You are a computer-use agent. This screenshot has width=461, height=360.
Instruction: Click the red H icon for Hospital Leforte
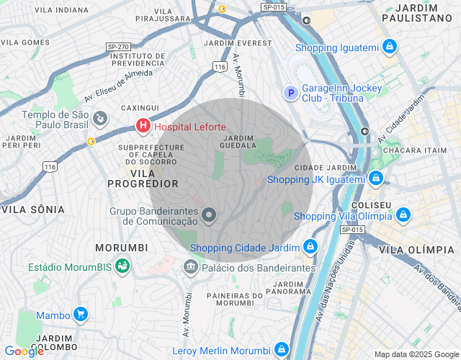pos(143,127)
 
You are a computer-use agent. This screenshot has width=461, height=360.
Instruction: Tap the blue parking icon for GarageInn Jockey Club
pos(290,92)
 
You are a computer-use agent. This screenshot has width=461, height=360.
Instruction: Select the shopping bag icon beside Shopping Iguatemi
pos(390,48)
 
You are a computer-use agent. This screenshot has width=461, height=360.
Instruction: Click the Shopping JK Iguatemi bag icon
pos(375,178)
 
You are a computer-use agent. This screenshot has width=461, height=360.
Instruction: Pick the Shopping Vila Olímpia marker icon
pos(403,215)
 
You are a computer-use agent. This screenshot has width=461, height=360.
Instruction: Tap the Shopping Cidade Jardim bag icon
pos(310,247)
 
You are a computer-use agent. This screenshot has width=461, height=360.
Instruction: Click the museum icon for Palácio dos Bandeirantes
pos(191,267)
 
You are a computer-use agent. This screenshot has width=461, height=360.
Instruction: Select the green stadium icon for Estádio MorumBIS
pos(123,266)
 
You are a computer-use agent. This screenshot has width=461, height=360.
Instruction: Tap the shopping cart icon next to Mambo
pos(81,315)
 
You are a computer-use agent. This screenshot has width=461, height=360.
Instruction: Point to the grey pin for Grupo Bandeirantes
pos(209,215)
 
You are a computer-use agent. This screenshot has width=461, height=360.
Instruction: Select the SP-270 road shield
pos(117,46)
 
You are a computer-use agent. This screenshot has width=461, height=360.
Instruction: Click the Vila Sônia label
pos(33,210)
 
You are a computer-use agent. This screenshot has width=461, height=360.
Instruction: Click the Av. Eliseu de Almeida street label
pos(119,84)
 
